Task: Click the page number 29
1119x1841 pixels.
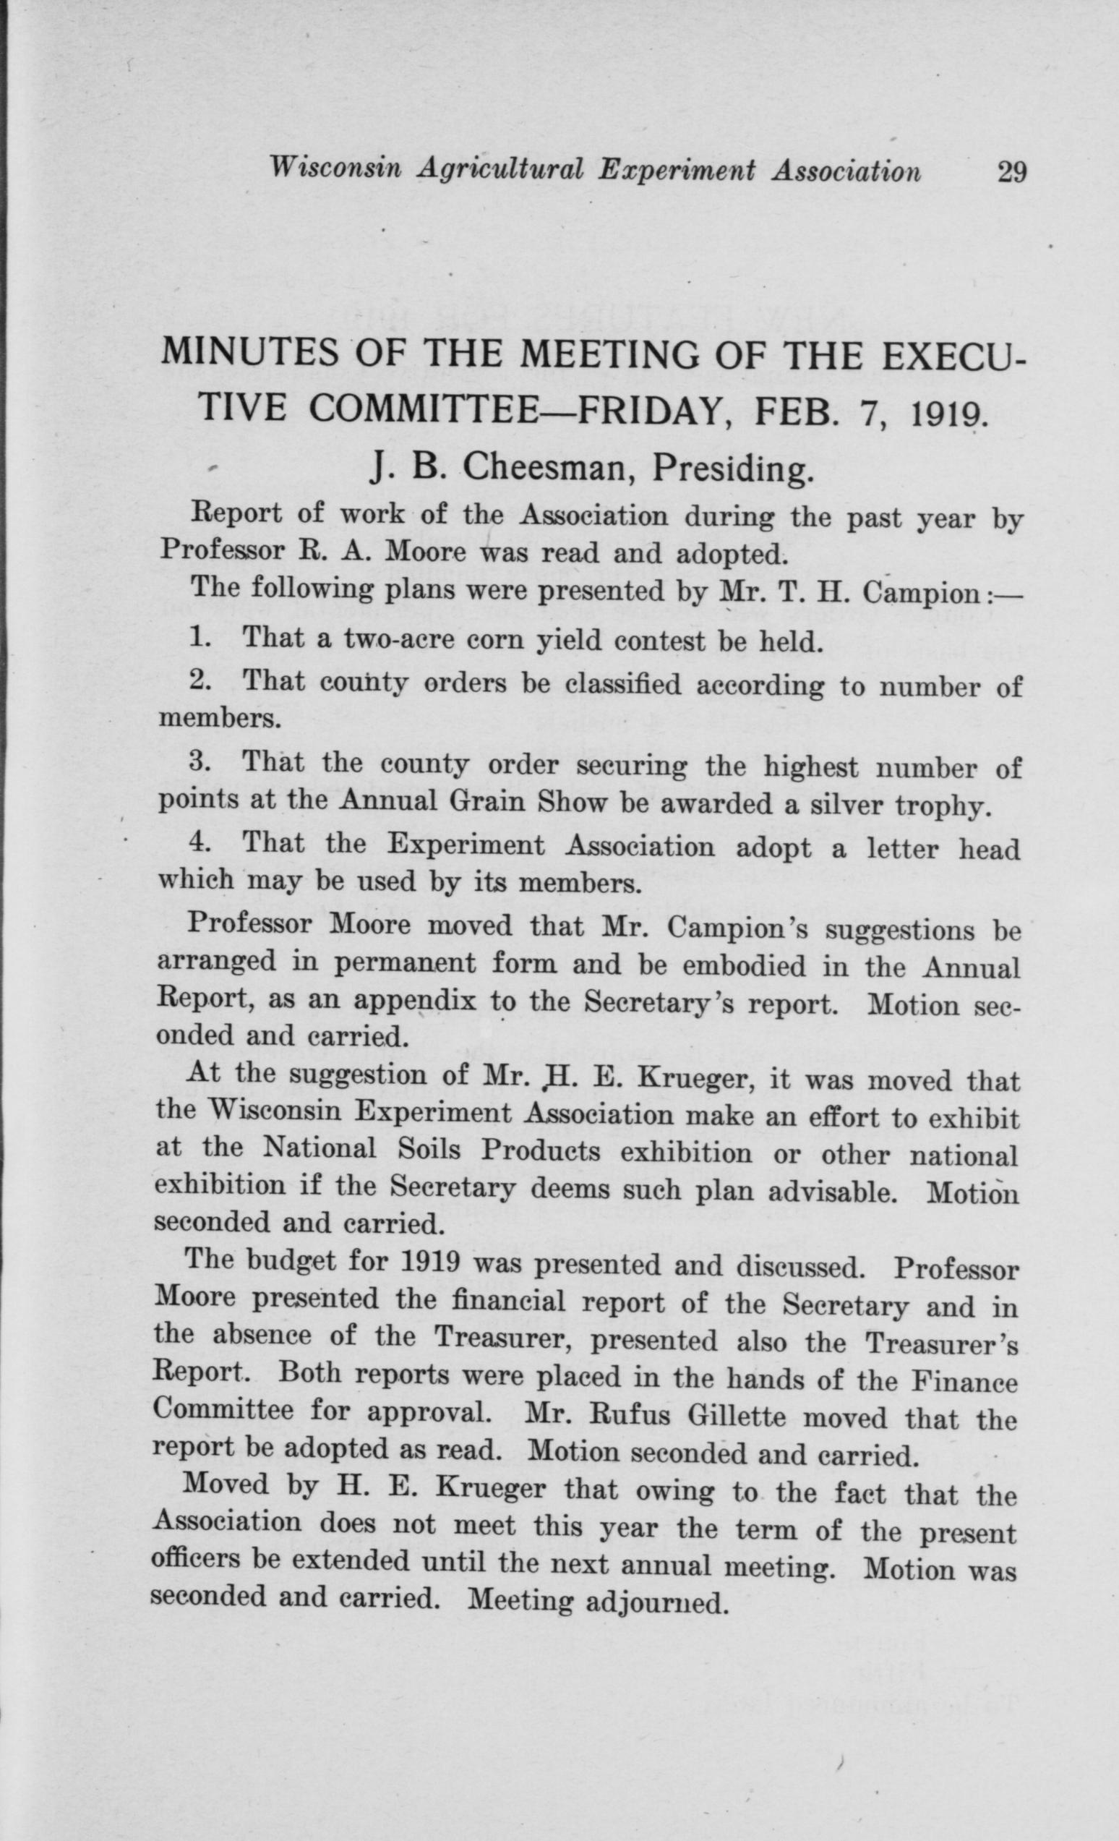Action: [1011, 173]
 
